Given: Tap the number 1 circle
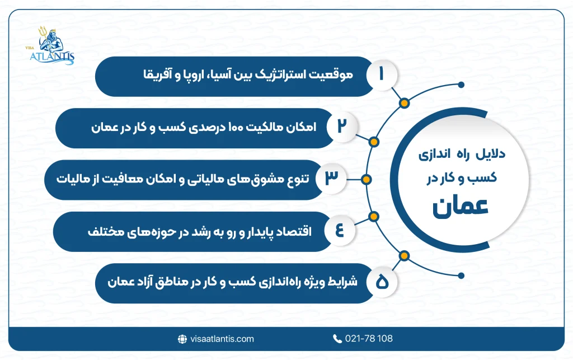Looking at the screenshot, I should pos(382,76).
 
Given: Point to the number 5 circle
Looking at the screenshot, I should pos(382,283).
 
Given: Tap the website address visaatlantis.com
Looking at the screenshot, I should pos(222,339).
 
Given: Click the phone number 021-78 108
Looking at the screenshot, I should pos(369,339).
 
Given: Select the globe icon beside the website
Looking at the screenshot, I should pos(182,339).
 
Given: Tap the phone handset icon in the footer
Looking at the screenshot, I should pos(337,339).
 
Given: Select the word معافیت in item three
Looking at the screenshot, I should pos(123,179).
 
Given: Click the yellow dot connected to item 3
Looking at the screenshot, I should pos(366,180).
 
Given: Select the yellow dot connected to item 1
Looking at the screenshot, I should pos(403,103).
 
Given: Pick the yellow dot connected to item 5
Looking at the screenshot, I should pos(403,256).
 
